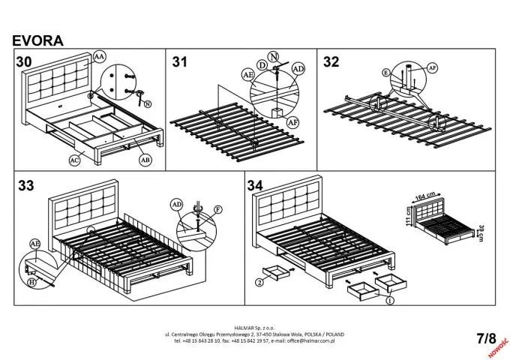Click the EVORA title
pos(37,40)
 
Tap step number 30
pos(24,61)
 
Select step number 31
pos(180,62)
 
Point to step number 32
pos(331,62)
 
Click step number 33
pos(25,185)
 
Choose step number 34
pos(255,185)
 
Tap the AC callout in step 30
pos(74,160)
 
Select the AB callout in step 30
pos(145,159)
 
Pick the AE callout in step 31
pos(247,75)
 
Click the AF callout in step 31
pos(293,121)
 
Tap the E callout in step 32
pos(386,73)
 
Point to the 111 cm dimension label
pos(409,217)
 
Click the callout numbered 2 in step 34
pos(259,283)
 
